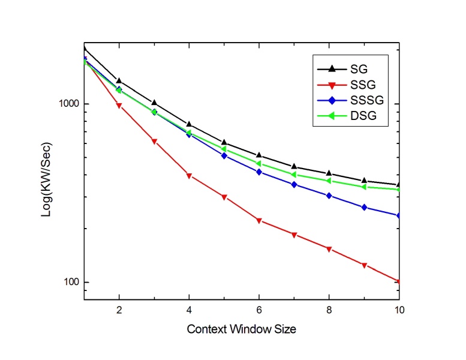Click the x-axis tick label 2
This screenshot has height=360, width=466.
tap(119, 310)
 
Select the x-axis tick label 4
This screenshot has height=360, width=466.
tap(190, 310)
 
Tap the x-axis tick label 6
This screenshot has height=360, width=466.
tap(259, 310)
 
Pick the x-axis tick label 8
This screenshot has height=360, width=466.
tap(329, 310)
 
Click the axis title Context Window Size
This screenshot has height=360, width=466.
tap(242, 329)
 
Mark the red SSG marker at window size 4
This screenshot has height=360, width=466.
tap(190, 176)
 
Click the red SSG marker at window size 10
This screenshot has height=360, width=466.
tap(399, 281)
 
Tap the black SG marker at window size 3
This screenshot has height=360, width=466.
tap(154, 103)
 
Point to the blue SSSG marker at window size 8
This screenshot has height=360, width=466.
tap(329, 196)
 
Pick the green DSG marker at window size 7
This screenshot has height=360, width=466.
tap(294, 175)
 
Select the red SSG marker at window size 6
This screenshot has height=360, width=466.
tap(259, 221)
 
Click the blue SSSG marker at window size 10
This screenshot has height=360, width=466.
tap(399, 215)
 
